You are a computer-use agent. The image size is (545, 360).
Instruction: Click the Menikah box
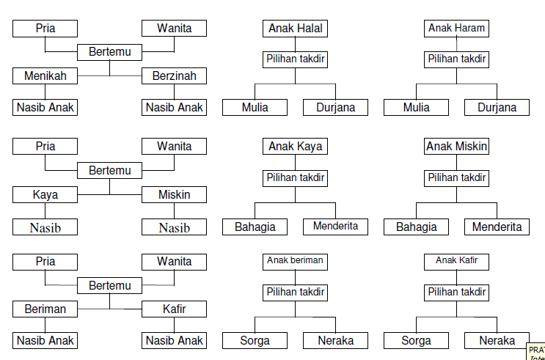[x=45, y=76]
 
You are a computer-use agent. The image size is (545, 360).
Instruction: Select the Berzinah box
[x=174, y=76]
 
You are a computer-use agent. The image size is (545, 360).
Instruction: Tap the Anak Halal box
[x=296, y=29]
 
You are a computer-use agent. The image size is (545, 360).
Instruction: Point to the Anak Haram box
[x=456, y=29]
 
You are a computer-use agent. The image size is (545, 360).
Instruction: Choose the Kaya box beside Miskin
[x=45, y=195]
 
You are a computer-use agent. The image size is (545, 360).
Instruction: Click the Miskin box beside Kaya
[x=174, y=195]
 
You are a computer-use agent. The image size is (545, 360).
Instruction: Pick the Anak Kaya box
[x=296, y=147]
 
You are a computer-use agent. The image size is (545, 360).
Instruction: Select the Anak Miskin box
[x=456, y=147]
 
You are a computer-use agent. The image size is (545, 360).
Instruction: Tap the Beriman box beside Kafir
[x=45, y=309]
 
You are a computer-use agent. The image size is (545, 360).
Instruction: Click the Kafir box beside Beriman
[x=174, y=309]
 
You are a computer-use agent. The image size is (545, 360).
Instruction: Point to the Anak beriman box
[x=296, y=260]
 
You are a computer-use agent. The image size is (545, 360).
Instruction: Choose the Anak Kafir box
[x=456, y=260]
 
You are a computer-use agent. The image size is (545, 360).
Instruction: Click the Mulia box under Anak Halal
[x=255, y=108]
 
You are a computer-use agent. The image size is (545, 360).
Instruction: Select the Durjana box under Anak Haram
[x=497, y=108]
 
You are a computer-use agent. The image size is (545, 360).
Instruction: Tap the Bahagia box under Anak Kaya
[x=255, y=227]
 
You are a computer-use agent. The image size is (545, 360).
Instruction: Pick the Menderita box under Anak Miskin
[x=497, y=227]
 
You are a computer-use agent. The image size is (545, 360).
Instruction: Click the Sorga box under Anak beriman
[x=255, y=340]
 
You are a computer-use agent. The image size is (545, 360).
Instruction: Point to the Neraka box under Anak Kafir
[x=497, y=340]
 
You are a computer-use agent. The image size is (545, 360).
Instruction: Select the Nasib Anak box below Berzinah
[x=174, y=108]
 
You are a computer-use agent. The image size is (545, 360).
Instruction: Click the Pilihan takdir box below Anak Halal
[x=296, y=59]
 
